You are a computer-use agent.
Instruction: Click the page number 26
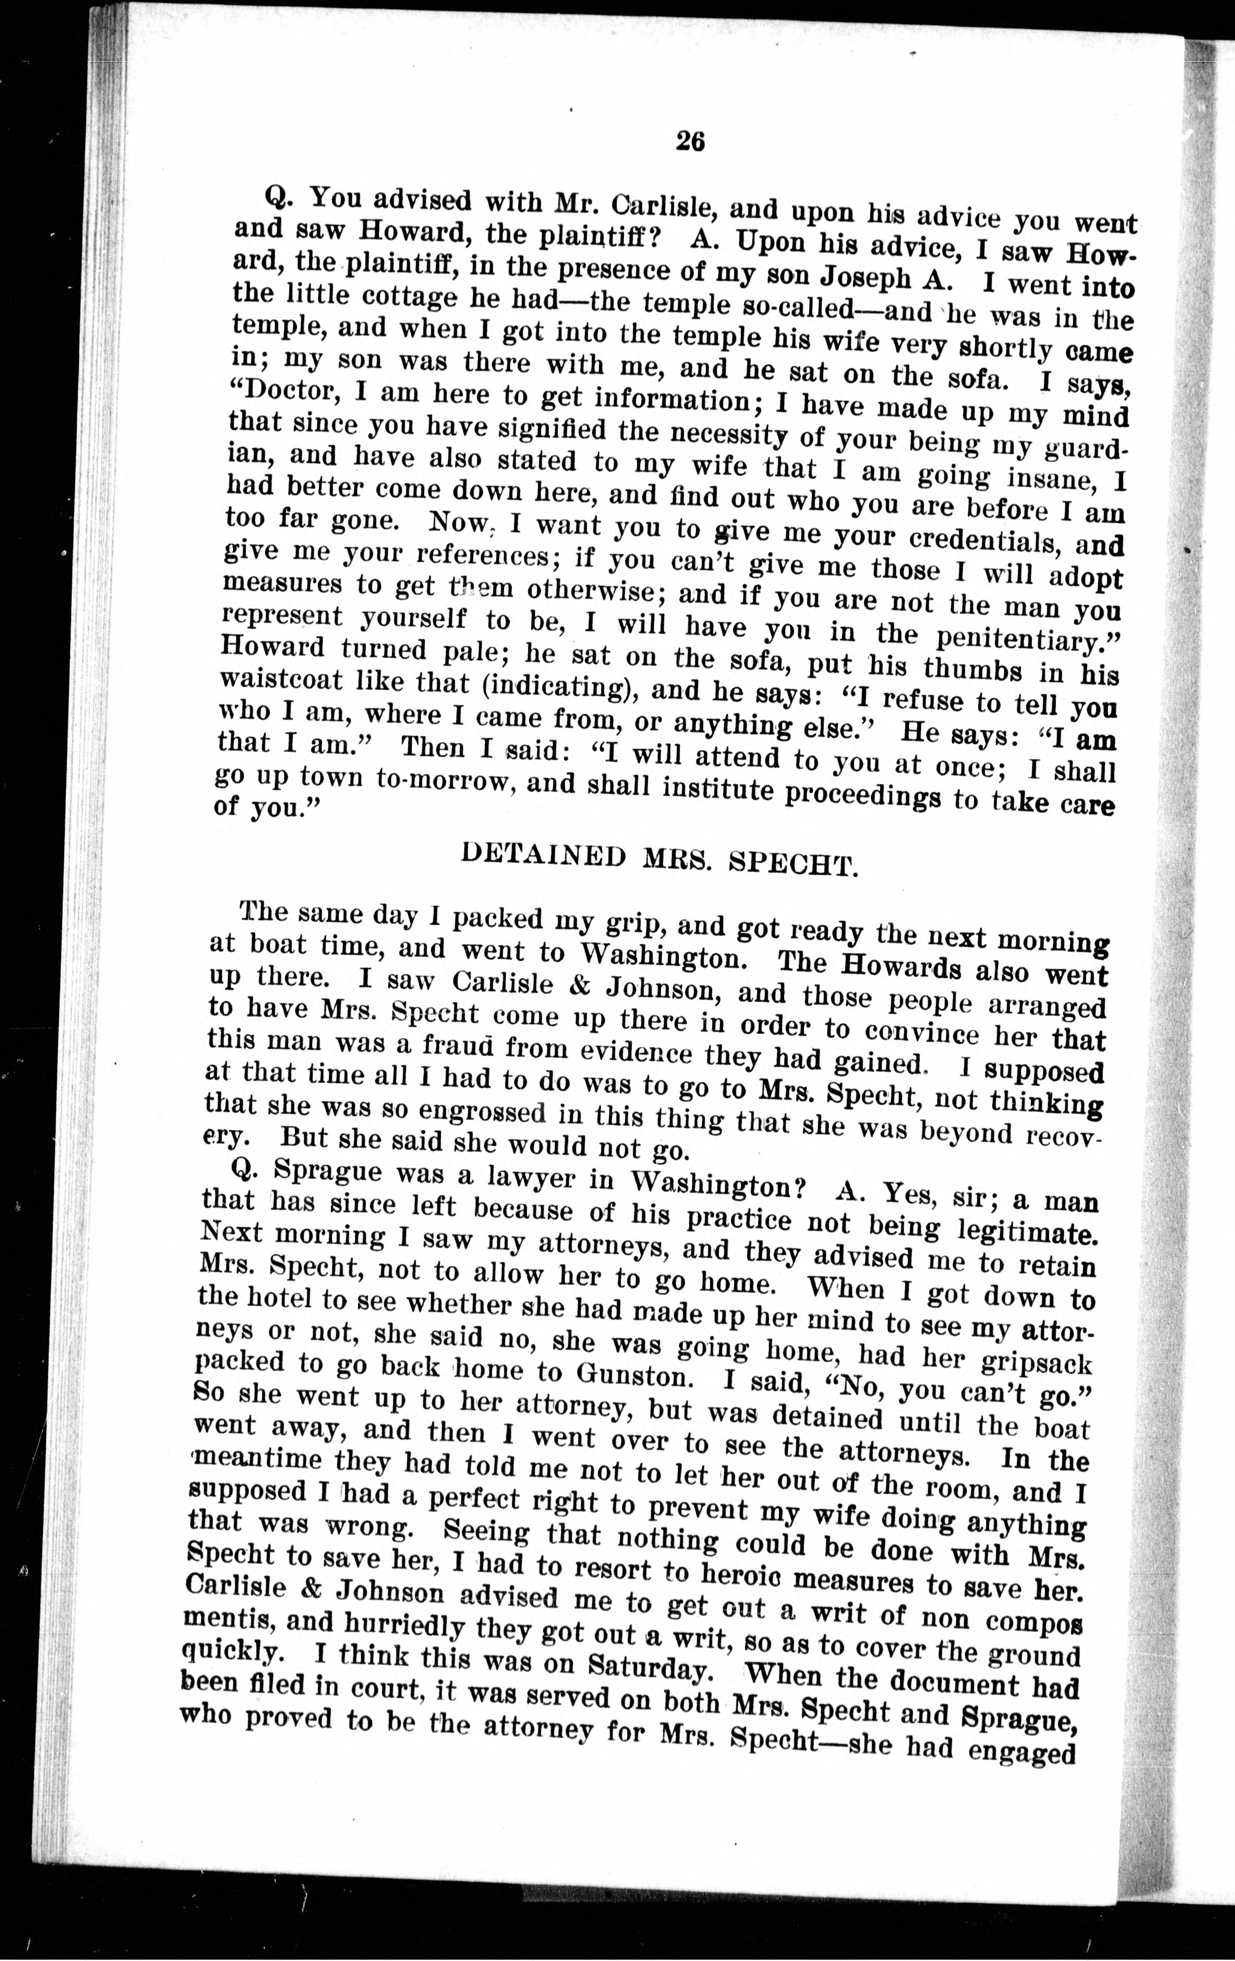pyautogui.click(x=689, y=142)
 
